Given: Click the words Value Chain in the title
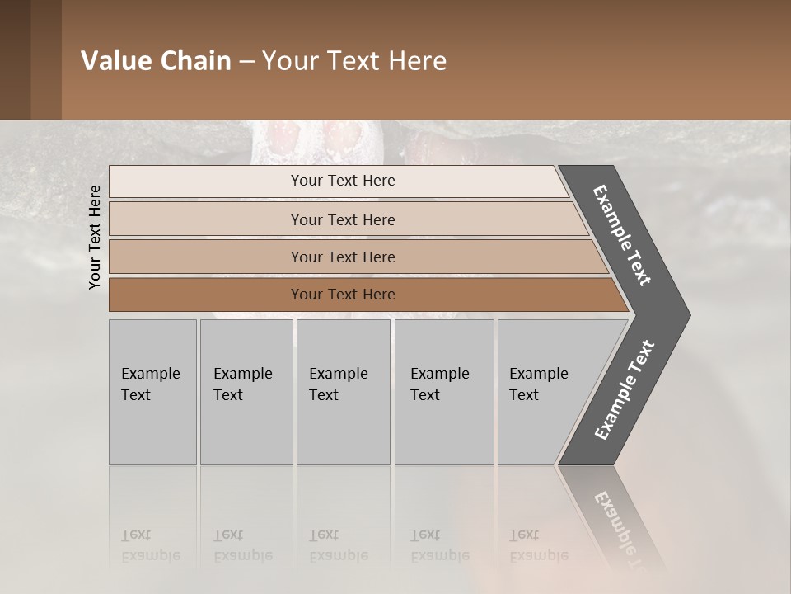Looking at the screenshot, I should click(x=156, y=61).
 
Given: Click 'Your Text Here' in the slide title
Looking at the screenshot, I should click(x=354, y=61).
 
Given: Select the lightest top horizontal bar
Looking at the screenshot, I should click(x=342, y=181).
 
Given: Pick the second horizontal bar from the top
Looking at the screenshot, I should click(x=342, y=219).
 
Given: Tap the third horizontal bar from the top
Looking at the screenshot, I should click(x=342, y=257).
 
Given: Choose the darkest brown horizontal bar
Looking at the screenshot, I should click(x=342, y=295).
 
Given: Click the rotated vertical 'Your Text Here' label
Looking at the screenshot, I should click(x=95, y=237).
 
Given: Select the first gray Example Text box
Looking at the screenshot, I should click(x=152, y=392).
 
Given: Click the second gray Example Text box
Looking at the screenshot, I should click(x=246, y=392).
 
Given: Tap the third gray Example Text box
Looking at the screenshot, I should click(x=342, y=392).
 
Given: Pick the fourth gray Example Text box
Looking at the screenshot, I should click(x=443, y=392).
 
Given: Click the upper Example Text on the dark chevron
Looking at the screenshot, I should click(x=623, y=235).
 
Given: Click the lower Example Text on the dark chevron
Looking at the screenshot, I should click(x=625, y=390).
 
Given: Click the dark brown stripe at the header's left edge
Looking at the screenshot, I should click(x=15, y=59).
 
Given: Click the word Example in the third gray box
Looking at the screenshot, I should click(x=338, y=374).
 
